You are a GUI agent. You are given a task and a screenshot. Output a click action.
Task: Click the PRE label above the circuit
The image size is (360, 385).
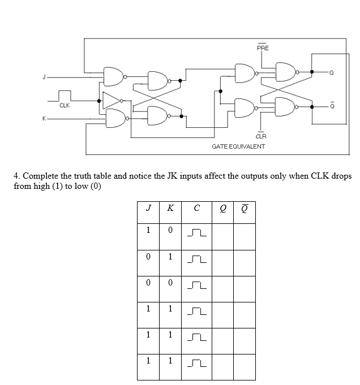[263, 48]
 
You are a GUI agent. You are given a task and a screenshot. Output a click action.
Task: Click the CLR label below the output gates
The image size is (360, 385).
[261, 136]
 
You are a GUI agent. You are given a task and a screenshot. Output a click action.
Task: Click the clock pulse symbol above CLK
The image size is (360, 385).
[65, 96]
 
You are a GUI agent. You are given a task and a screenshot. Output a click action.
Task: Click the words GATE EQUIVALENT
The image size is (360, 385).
[238, 146]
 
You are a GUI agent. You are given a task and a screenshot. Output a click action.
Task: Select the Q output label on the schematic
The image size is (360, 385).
[332, 72]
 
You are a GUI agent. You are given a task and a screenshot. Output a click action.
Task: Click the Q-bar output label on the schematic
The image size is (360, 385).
[332, 106]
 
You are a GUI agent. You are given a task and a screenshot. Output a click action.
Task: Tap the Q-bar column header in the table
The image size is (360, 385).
[244, 207]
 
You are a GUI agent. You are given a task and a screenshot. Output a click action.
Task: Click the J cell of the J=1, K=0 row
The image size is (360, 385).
[148, 230]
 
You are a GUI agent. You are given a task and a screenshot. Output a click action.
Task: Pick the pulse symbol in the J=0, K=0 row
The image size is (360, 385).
[196, 285]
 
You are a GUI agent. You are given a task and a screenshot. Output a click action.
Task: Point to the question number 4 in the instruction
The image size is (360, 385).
[16, 176]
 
